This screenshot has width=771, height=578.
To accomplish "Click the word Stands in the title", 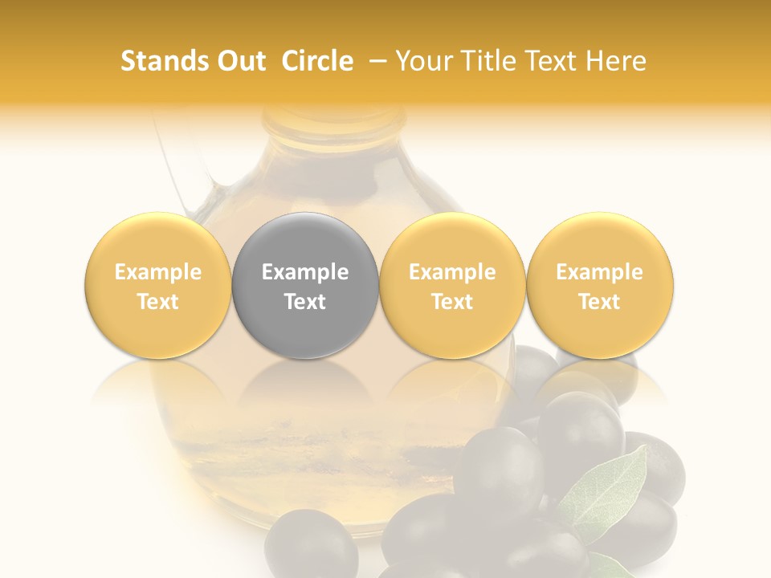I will [x=160, y=61].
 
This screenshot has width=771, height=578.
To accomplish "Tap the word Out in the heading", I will [x=239, y=61].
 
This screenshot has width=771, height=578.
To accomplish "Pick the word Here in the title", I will [x=617, y=61].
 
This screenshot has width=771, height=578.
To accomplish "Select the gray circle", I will [x=305, y=286].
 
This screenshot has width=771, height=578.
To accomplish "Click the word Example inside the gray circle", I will [x=305, y=272].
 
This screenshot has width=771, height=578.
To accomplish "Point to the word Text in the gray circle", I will [x=305, y=302].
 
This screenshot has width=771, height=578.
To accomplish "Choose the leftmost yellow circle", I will [x=157, y=286].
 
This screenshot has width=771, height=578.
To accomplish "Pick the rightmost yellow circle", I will [x=600, y=286].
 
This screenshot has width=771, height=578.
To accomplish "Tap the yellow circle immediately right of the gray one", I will [x=452, y=286].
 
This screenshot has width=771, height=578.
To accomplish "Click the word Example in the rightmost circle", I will [x=600, y=272].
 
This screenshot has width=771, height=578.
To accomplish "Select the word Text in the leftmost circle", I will [x=157, y=302].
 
